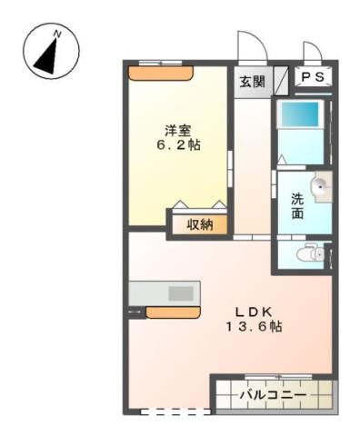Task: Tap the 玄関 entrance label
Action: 252,82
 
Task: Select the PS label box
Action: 313,78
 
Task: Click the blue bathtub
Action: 299,117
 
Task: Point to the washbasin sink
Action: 319,189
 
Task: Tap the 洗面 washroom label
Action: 297,206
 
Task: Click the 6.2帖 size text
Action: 177,144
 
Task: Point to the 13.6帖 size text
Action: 254,326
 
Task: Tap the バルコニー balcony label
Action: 273,395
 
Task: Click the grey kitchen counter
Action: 164,293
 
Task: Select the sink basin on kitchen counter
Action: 180,293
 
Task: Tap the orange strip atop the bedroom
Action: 160,73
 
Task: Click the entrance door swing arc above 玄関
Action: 247,45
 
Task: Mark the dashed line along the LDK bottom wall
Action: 175,411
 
